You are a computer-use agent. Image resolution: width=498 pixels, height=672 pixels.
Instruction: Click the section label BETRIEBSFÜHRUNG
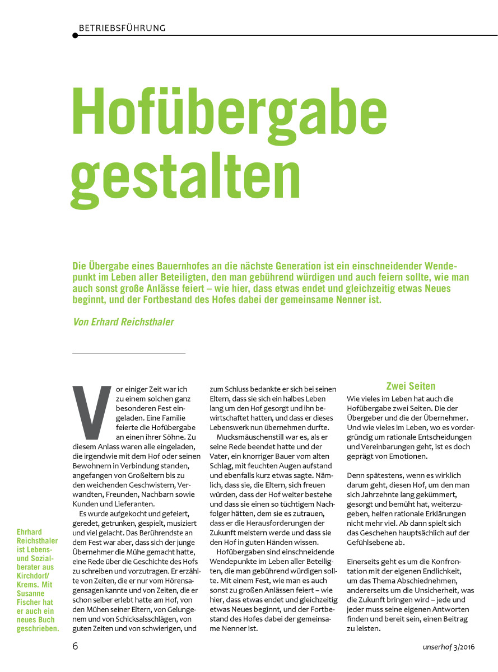point(122,27)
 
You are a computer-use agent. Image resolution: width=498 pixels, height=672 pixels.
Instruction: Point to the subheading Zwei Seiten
point(411,386)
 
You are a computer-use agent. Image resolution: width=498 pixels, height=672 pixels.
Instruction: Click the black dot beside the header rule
point(75,35)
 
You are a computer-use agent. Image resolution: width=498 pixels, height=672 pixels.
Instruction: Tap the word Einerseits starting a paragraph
point(366,561)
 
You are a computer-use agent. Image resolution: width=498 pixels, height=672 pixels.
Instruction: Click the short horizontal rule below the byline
point(129,353)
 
